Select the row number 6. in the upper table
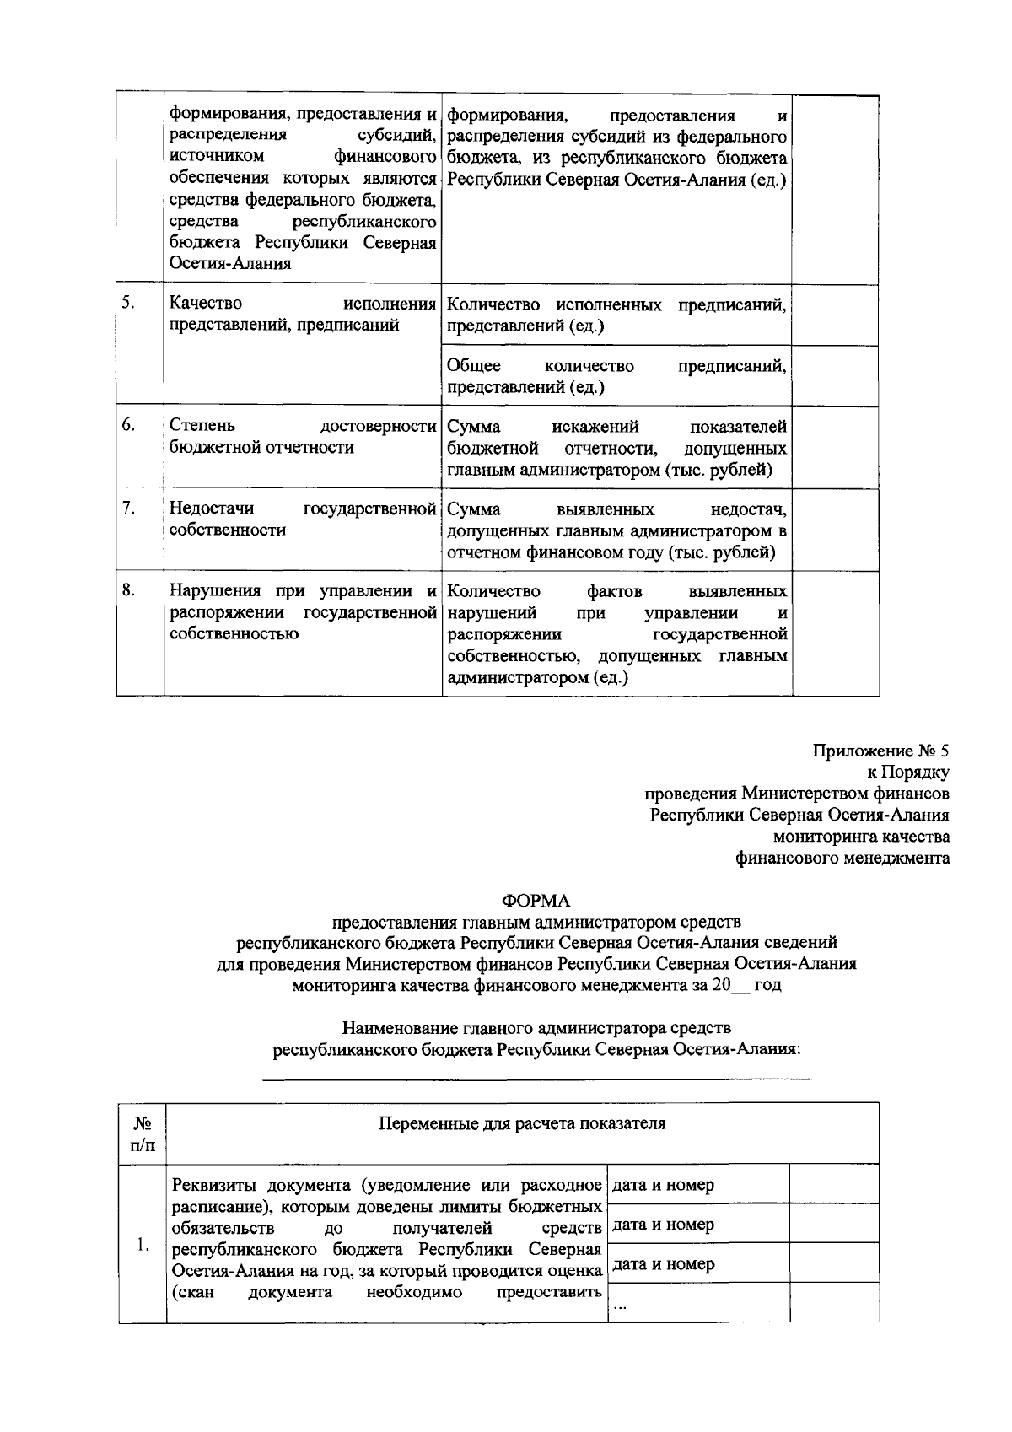(x=127, y=425)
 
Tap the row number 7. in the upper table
(x=127, y=509)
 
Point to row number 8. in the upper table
(x=127, y=590)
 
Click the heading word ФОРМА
(x=536, y=901)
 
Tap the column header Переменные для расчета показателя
(x=522, y=1123)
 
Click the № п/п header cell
(x=142, y=1133)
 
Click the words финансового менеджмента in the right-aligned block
(x=842, y=859)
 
